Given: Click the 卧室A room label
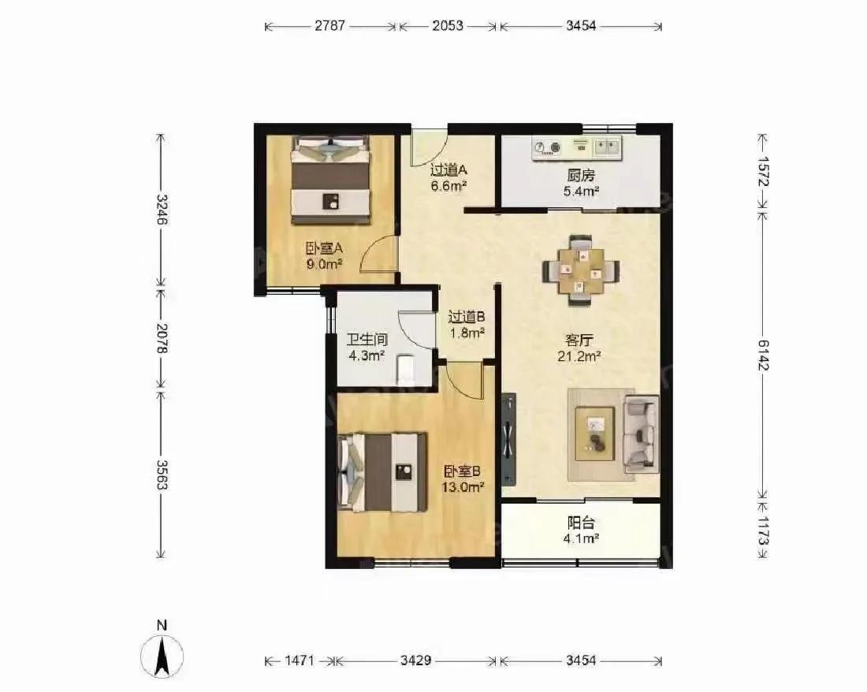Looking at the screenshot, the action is coord(324,248).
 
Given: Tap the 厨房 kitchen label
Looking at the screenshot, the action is coord(581,175).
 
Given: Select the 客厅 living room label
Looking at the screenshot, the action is coord(579,340).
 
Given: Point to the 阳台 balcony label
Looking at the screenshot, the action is coord(581,523).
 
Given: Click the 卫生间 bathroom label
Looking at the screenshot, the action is coord(367,339).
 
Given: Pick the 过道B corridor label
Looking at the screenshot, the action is coord(466,317).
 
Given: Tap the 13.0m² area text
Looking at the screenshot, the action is coord(463,488).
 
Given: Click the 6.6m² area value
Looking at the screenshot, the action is coord(449,186).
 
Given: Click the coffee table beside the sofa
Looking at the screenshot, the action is coord(594,433).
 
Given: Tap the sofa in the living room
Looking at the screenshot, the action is coord(641,434).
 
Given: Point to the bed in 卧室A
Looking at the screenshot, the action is coord(331,180).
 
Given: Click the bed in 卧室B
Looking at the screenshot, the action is coord(382,473).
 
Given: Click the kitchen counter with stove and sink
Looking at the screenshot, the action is coord(577,147).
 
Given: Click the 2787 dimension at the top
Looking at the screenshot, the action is coord(330,25).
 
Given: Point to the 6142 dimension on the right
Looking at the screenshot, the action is coord(763,355).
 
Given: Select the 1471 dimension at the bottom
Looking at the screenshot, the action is coord(300,660).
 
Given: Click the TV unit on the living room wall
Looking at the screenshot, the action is coord(508,440).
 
